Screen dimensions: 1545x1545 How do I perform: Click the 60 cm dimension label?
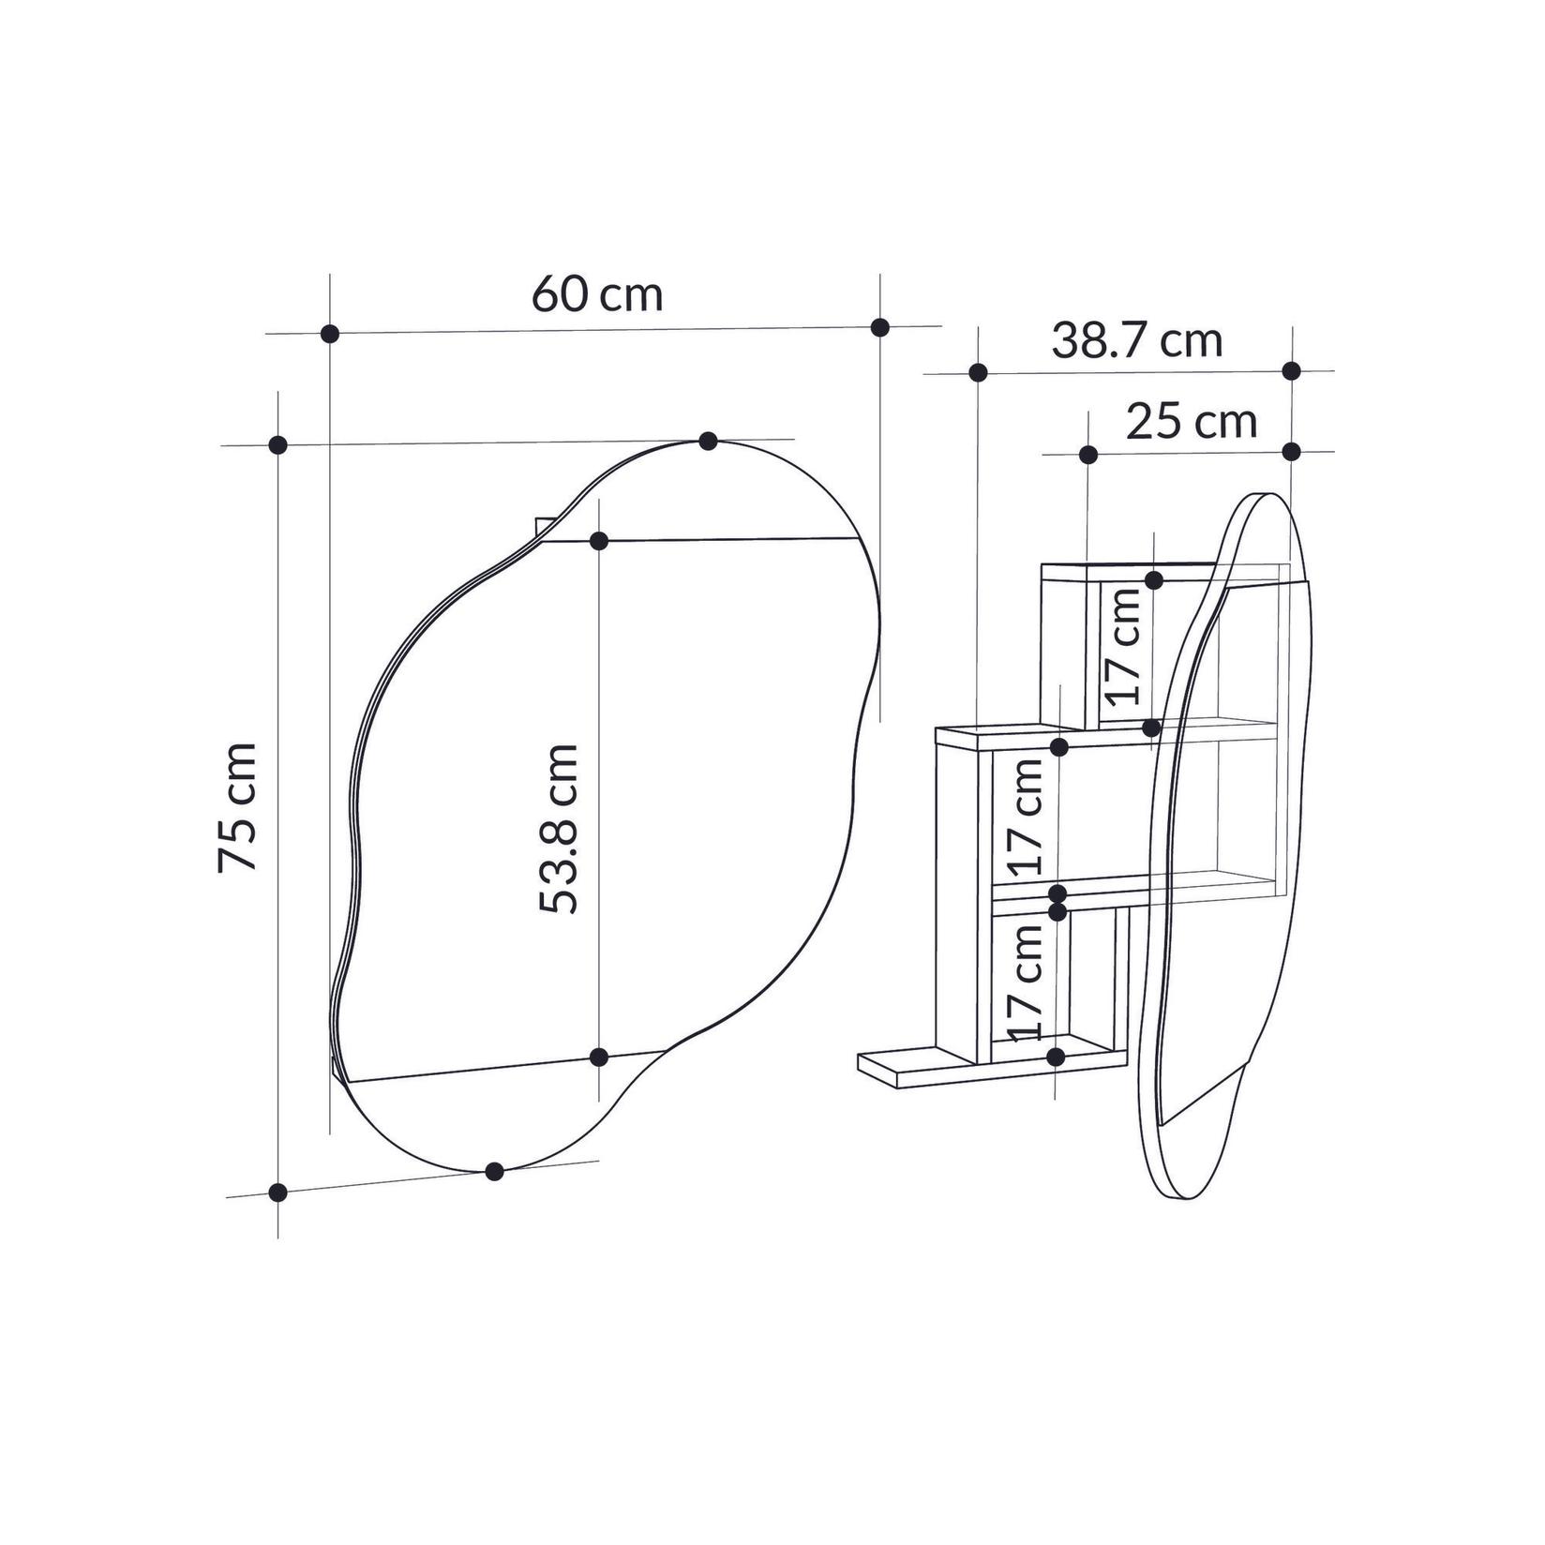pos(597,294)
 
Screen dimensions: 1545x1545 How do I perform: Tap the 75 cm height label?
pos(237,807)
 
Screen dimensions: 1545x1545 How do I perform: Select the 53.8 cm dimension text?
pos(560,828)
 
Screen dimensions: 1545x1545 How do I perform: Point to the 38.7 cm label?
pos(1136,340)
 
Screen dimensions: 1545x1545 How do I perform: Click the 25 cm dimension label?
pos(1191,422)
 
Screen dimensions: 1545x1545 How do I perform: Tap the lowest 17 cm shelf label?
pos(1027,981)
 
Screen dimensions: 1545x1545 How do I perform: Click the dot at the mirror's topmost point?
pos(708,441)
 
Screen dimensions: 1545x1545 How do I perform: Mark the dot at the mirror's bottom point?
pos(494,1171)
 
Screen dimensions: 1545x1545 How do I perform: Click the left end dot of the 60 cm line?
pos(329,333)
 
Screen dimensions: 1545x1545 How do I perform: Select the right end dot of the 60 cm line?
pos(879,326)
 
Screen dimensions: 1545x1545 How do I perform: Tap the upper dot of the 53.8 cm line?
pos(599,541)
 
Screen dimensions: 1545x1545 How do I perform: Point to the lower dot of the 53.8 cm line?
pos(599,1057)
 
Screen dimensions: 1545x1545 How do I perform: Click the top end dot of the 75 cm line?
pos(277,444)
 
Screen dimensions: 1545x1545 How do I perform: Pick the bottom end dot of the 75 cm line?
pos(277,1192)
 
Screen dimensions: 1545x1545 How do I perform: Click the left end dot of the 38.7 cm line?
pos(978,372)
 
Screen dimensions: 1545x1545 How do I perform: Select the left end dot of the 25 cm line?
pos(1087,455)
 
